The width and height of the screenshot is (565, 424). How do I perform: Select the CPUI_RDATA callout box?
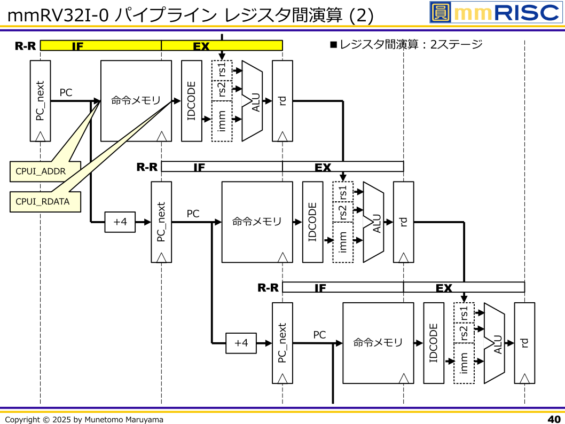[x=45, y=201]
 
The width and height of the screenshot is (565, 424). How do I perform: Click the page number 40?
[x=554, y=419]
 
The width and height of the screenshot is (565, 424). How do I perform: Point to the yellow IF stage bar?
[x=100, y=46]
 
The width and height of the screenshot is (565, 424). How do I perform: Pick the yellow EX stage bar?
[x=222, y=46]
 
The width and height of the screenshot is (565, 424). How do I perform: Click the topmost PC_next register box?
[x=41, y=100]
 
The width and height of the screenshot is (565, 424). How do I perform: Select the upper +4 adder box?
[x=120, y=222]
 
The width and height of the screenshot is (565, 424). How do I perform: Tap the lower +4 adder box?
[x=241, y=343]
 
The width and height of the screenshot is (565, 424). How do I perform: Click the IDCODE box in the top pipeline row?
[x=192, y=100]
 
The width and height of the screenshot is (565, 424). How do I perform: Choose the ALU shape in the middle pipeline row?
[x=373, y=222]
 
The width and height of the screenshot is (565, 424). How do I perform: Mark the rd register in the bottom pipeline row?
[x=524, y=343]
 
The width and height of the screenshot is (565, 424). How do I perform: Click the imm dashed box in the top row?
[x=222, y=121]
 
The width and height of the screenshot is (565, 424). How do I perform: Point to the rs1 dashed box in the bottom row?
[x=464, y=312]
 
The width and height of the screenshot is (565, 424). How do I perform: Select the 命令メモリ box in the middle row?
[x=257, y=222]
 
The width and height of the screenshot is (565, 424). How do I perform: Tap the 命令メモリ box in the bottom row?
[x=378, y=343]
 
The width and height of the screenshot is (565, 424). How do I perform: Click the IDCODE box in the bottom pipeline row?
[x=434, y=343]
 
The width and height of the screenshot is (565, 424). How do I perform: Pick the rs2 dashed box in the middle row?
[x=343, y=213]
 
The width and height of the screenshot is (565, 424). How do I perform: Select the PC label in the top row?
[x=66, y=93]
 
